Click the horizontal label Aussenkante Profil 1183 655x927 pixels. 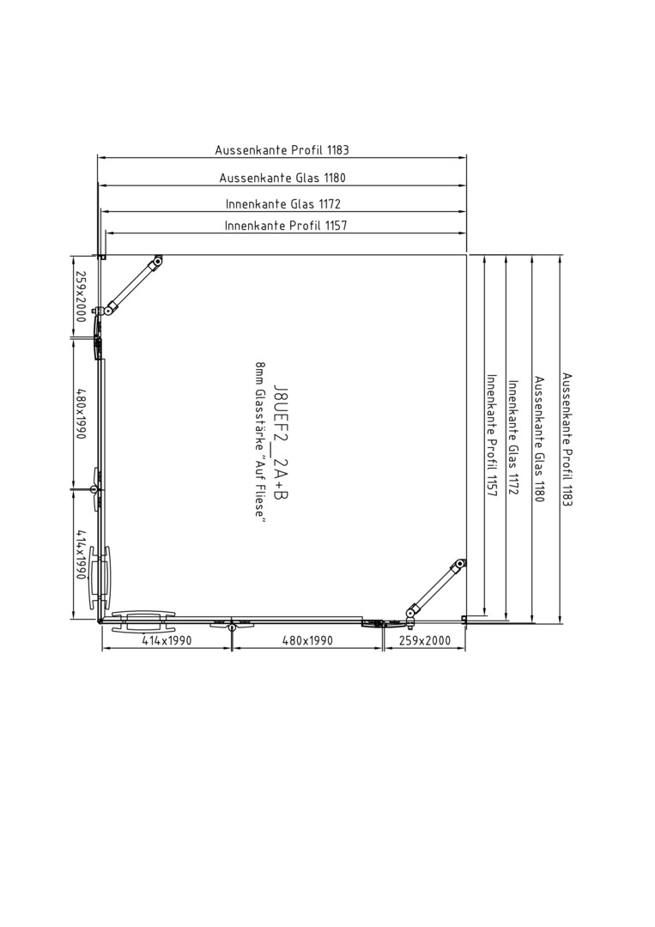pos(282,150)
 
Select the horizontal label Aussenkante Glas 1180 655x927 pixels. pos(282,178)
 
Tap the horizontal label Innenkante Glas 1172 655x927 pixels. pos(283,204)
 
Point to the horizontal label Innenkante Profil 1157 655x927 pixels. pos(286,225)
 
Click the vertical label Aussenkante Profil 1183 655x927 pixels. pos(567,439)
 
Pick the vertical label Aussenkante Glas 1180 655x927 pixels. pos(539,439)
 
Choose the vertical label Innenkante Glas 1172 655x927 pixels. pos(513,438)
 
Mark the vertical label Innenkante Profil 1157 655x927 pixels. pos(491,435)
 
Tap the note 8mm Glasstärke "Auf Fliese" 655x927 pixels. pos(259,442)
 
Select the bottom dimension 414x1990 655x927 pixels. pos(167,640)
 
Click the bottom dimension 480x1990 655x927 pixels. pos(307,640)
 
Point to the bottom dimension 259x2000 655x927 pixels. pos(424,640)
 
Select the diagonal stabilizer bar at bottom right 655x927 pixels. pos(435,589)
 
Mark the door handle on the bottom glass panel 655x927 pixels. pos(143,621)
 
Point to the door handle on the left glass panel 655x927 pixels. pos(99,579)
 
